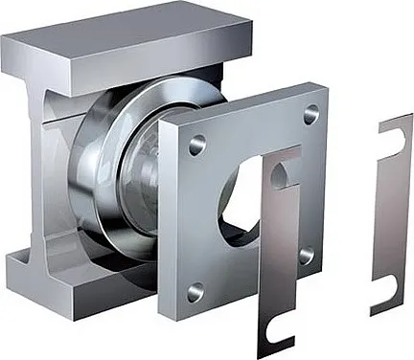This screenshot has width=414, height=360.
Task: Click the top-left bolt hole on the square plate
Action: pyautogui.click(x=196, y=145)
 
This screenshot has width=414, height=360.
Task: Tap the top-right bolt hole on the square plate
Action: pyautogui.click(x=310, y=114)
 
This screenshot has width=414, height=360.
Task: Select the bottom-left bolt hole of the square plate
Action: pyautogui.click(x=196, y=288)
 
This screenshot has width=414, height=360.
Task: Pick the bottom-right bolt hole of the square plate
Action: pyautogui.click(x=306, y=256)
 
